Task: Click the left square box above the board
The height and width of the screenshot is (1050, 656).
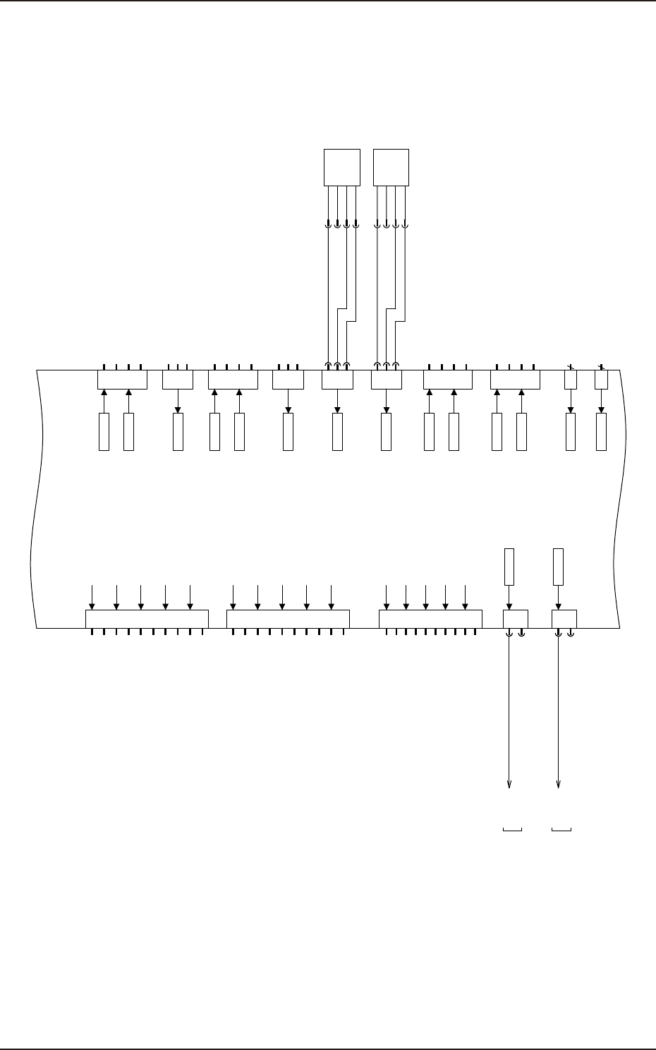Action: [342, 167]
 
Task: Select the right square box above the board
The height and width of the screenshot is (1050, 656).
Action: [391, 167]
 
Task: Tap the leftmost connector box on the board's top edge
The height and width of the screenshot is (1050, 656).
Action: [121, 379]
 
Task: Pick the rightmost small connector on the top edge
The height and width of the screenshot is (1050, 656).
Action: [601, 379]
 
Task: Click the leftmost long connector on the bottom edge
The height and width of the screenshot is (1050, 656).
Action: [147, 619]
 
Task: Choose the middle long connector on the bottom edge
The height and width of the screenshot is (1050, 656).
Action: [288, 619]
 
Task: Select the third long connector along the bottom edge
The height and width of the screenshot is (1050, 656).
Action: [430, 619]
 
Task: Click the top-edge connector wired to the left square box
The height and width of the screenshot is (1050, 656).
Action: [337, 379]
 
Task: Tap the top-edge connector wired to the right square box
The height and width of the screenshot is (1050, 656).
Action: [387, 379]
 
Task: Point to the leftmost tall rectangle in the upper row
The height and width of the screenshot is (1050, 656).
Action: [104, 432]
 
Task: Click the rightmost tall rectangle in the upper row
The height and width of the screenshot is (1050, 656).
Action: [601, 432]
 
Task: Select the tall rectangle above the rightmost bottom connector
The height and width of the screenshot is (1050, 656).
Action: [558, 567]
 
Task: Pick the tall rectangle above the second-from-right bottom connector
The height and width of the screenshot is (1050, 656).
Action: [509, 567]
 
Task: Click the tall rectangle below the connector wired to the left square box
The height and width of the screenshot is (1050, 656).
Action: [337, 432]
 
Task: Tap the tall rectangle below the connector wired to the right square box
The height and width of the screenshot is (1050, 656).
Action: [386, 432]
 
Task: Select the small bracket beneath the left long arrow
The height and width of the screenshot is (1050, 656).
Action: [512, 828]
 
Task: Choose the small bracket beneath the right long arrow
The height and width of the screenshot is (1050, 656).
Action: [561, 828]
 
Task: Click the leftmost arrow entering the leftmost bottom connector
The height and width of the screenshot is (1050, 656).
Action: [92, 604]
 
